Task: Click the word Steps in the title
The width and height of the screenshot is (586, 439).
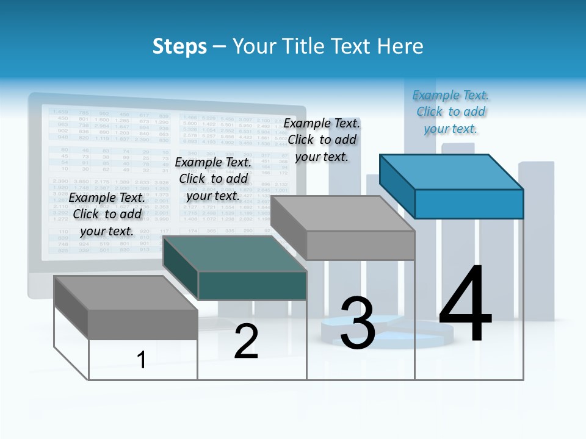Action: coord(179,46)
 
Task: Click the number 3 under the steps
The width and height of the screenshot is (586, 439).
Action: coord(357,323)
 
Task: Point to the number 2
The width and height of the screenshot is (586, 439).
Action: coord(247,341)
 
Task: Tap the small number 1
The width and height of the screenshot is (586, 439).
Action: coord(142,360)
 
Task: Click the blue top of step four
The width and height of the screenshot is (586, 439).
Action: coord(452,171)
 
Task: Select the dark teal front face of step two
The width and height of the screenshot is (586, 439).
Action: coord(252,285)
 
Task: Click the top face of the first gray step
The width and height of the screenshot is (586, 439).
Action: coord(125,293)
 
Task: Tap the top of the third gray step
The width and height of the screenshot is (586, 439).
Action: coord(342,213)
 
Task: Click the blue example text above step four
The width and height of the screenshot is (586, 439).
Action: coord(450,112)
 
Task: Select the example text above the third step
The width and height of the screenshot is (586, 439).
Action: coord(322,140)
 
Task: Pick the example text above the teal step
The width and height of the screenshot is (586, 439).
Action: coord(213,179)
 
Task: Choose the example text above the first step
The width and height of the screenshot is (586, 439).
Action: coord(107,214)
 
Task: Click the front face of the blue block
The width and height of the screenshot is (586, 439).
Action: coord(469,204)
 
